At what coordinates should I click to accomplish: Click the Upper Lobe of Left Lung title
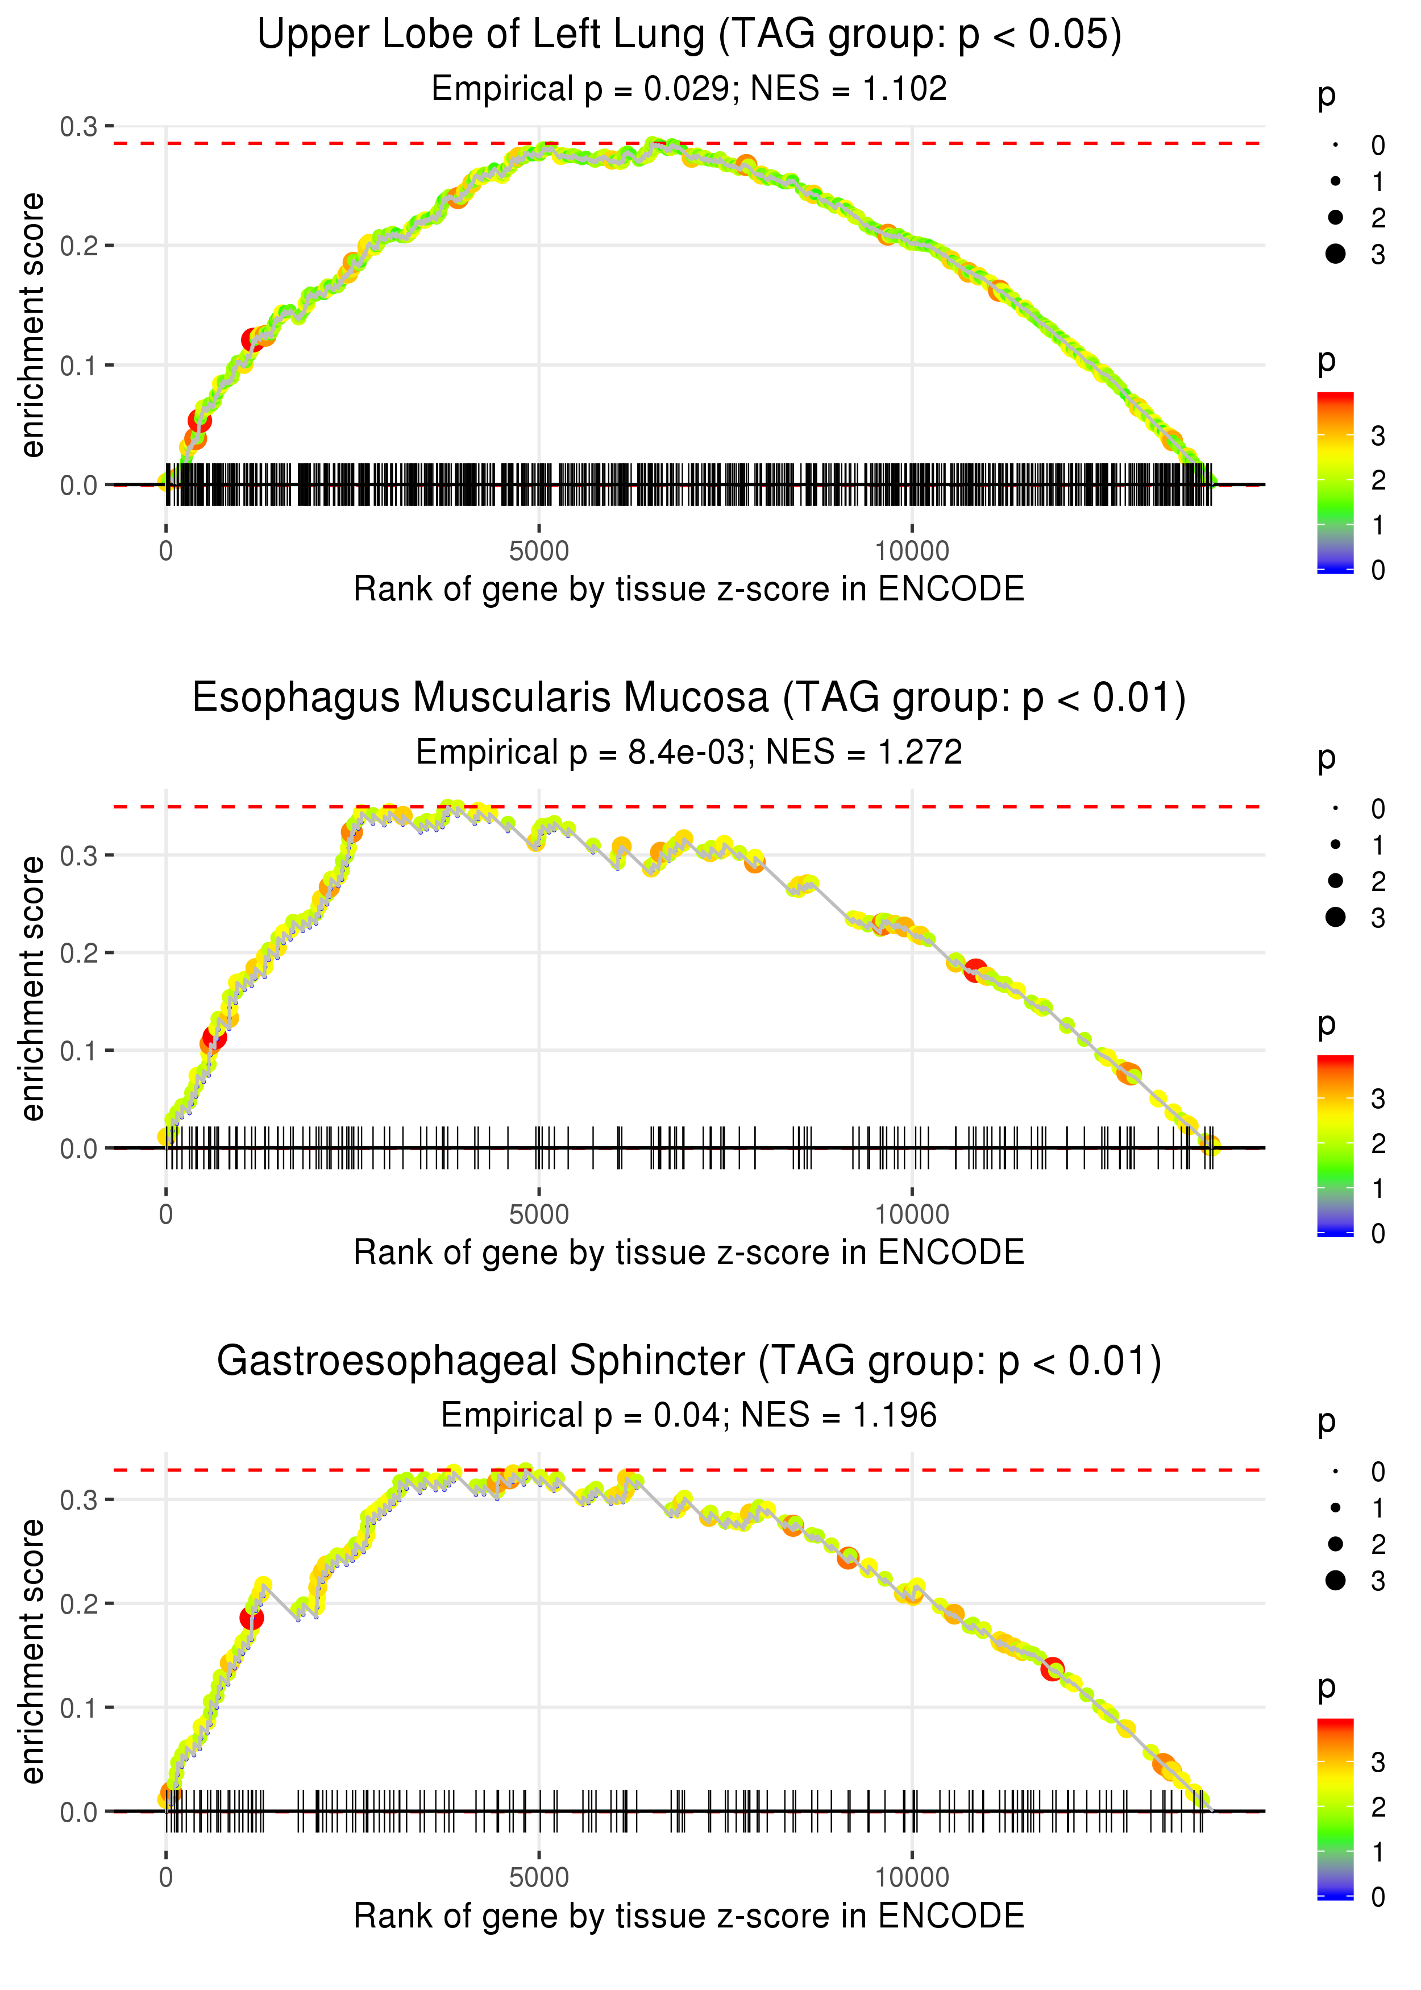click(689, 35)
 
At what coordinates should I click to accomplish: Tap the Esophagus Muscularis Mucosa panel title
click(689, 698)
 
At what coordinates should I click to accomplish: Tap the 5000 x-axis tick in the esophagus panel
click(538, 1214)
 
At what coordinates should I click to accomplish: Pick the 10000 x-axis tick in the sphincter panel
click(912, 1878)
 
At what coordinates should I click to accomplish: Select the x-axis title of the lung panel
click(689, 589)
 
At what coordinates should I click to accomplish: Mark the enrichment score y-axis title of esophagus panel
click(32, 989)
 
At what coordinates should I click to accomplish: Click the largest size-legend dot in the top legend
click(1335, 254)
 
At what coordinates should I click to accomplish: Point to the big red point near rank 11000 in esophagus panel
click(975, 971)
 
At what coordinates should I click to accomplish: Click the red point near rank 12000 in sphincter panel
click(1053, 1669)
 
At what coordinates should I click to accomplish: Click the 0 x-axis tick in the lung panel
click(166, 552)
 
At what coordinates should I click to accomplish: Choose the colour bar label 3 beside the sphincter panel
click(1378, 1761)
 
